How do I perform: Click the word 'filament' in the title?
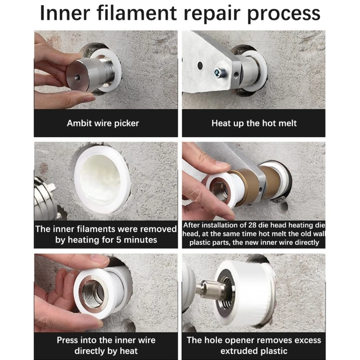pos(137,13)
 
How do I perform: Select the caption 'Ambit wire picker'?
pos(103,123)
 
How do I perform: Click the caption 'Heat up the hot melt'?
pos(254,123)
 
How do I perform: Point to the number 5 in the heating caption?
pos(118,240)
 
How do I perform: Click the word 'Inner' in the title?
pos(65,13)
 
